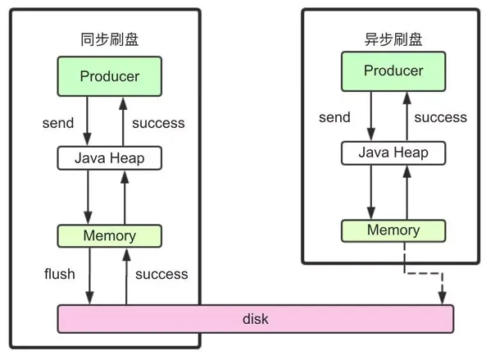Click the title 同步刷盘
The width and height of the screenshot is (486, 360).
point(110,39)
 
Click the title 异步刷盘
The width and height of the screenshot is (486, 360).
point(393,39)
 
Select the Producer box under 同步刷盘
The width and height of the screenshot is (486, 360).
point(110,76)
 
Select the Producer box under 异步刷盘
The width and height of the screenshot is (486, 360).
point(393,71)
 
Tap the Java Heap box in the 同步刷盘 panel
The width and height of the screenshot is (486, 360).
point(110,158)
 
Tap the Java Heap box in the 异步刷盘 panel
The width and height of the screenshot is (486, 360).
point(393,153)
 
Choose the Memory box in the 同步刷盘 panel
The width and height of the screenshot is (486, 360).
point(110,236)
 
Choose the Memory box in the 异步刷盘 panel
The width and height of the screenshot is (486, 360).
point(393,230)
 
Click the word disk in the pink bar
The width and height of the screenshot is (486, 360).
point(256,319)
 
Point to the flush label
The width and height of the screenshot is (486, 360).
point(60,274)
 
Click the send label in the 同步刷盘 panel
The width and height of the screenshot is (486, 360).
point(58,123)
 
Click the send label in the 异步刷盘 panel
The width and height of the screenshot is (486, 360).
point(334,117)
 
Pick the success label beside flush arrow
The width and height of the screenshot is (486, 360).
point(161,274)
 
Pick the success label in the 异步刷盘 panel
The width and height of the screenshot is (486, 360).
point(440,117)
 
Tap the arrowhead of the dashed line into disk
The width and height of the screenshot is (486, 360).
point(443,298)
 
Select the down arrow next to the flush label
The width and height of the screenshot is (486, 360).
point(89,276)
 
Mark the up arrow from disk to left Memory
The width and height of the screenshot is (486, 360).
point(126,276)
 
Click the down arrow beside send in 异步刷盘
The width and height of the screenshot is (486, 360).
point(371,116)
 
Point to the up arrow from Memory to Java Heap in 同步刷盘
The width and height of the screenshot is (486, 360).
point(125,198)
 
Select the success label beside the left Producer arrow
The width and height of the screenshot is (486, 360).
point(158,123)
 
